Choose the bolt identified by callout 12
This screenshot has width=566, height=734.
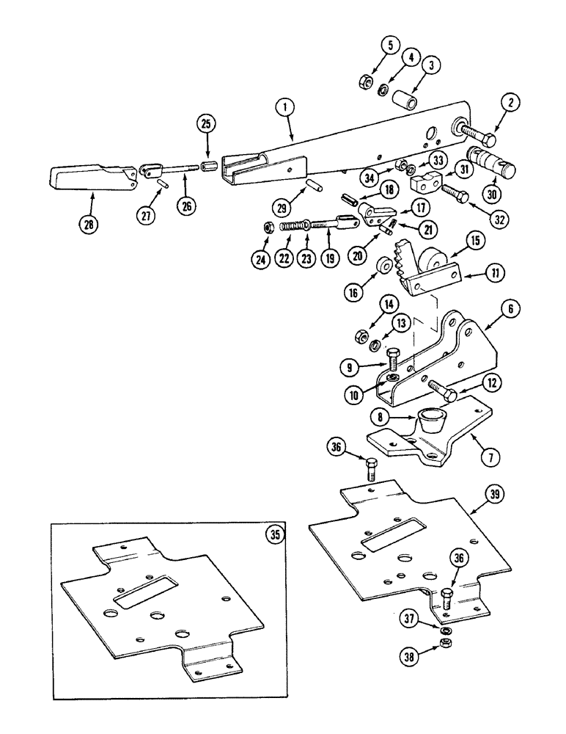pyautogui.click(x=439, y=388)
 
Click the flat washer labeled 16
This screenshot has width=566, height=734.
pyautogui.click(x=382, y=263)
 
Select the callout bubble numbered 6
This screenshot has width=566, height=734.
pyautogui.click(x=509, y=310)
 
